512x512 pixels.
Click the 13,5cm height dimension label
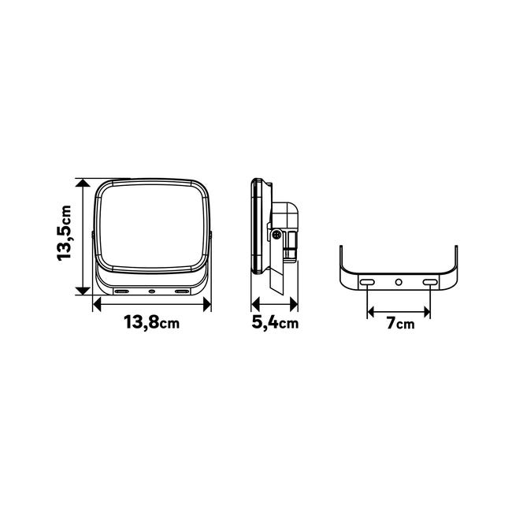pos(65,233)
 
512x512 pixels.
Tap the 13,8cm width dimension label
pos(152,323)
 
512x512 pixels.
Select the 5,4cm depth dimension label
pos(275,323)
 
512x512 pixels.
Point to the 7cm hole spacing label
pos(400,323)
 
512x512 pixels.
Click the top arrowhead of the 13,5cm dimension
pos(83,183)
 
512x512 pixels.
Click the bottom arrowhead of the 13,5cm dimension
pos(83,291)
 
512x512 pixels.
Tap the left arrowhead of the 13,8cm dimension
pos(97,305)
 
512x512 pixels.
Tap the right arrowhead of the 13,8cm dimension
pos(207,305)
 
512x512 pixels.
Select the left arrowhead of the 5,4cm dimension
pos(255,305)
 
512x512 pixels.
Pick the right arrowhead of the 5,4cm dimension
pos(294,305)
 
